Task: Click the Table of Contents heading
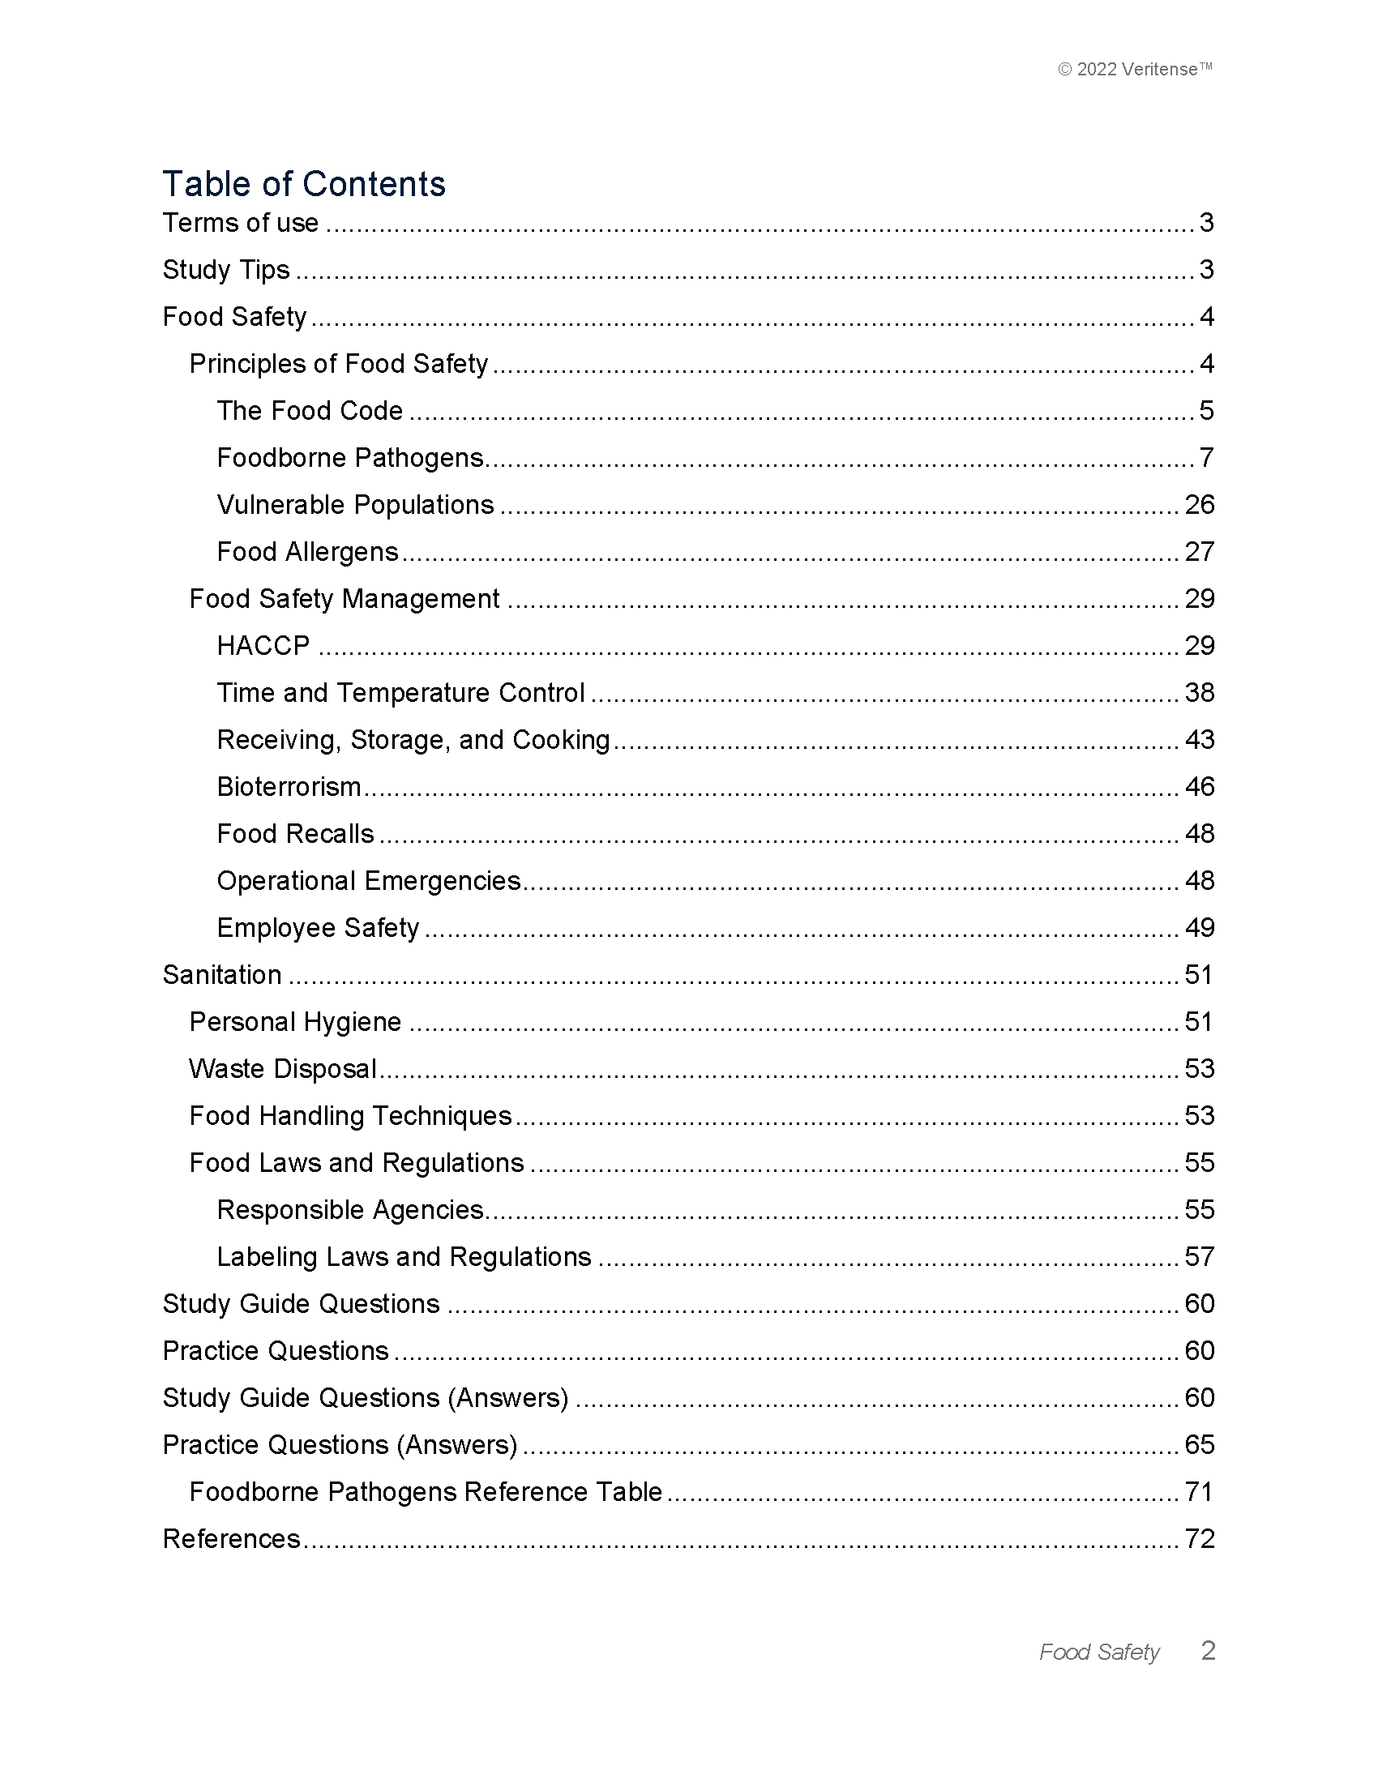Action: click(x=304, y=185)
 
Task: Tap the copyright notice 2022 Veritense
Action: click(x=1135, y=70)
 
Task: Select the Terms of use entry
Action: click(x=241, y=223)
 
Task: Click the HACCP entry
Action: click(x=263, y=646)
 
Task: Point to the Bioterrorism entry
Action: click(x=289, y=787)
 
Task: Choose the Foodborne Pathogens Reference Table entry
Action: click(x=426, y=1492)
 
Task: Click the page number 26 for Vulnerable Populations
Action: click(x=1199, y=506)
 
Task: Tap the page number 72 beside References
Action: click(x=1199, y=1539)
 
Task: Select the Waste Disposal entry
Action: click(x=282, y=1070)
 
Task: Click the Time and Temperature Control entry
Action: click(x=400, y=693)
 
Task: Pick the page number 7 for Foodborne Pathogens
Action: click(x=1206, y=458)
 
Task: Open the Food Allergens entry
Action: click(x=308, y=553)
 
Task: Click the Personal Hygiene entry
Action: click(x=296, y=1022)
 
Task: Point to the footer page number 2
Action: click(x=1209, y=1651)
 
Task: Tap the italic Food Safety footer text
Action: click(x=1099, y=1653)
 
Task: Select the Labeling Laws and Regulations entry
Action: click(x=404, y=1257)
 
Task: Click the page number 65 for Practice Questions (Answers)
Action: click(x=1199, y=1445)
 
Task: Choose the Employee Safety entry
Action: click(x=319, y=928)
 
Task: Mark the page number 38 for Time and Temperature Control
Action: click(x=1199, y=693)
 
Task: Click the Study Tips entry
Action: click(x=226, y=270)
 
